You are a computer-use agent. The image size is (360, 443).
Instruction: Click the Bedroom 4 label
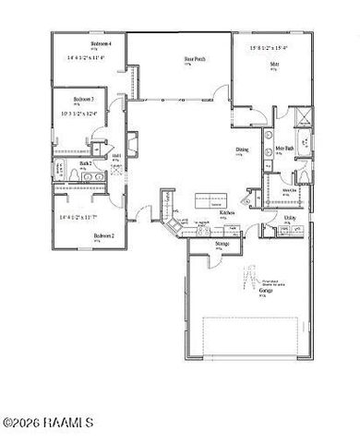102,43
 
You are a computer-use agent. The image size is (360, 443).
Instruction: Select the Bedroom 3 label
84,98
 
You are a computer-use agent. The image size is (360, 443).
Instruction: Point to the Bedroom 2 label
103,235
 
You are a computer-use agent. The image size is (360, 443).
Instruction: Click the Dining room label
241,150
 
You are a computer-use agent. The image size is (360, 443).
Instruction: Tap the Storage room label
222,244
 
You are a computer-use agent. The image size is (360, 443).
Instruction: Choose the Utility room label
290,218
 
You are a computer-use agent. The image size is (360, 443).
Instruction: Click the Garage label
265,292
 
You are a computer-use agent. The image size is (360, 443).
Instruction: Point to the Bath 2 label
85,163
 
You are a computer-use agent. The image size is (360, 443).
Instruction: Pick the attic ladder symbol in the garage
248,275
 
